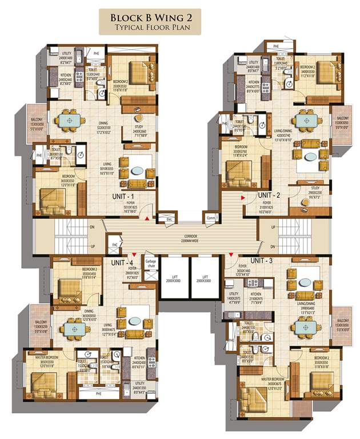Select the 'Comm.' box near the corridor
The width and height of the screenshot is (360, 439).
pyautogui.click(x=210, y=218)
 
